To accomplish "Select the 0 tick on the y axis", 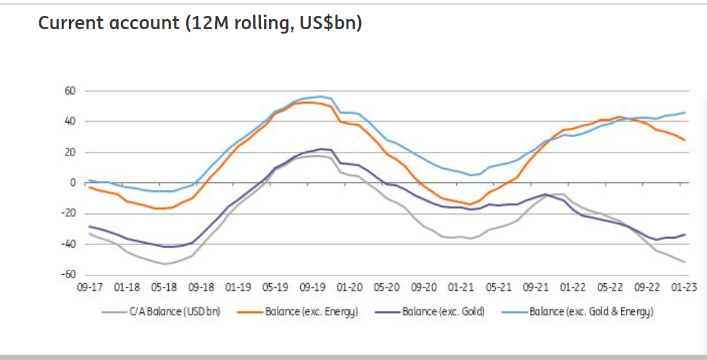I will (73, 183).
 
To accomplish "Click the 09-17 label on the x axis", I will (89, 287).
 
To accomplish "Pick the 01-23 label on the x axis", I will (685, 287).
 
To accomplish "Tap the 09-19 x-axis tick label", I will (312, 287).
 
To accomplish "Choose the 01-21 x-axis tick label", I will (461, 287).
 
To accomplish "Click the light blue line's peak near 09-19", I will (321, 97).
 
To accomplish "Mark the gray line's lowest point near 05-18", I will (164, 263).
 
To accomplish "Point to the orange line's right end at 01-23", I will (685, 140).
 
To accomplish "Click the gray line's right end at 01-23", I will (685, 262).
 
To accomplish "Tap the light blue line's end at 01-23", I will (685, 112).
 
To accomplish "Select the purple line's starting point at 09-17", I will (89, 226).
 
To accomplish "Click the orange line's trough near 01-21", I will (470, 204).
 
